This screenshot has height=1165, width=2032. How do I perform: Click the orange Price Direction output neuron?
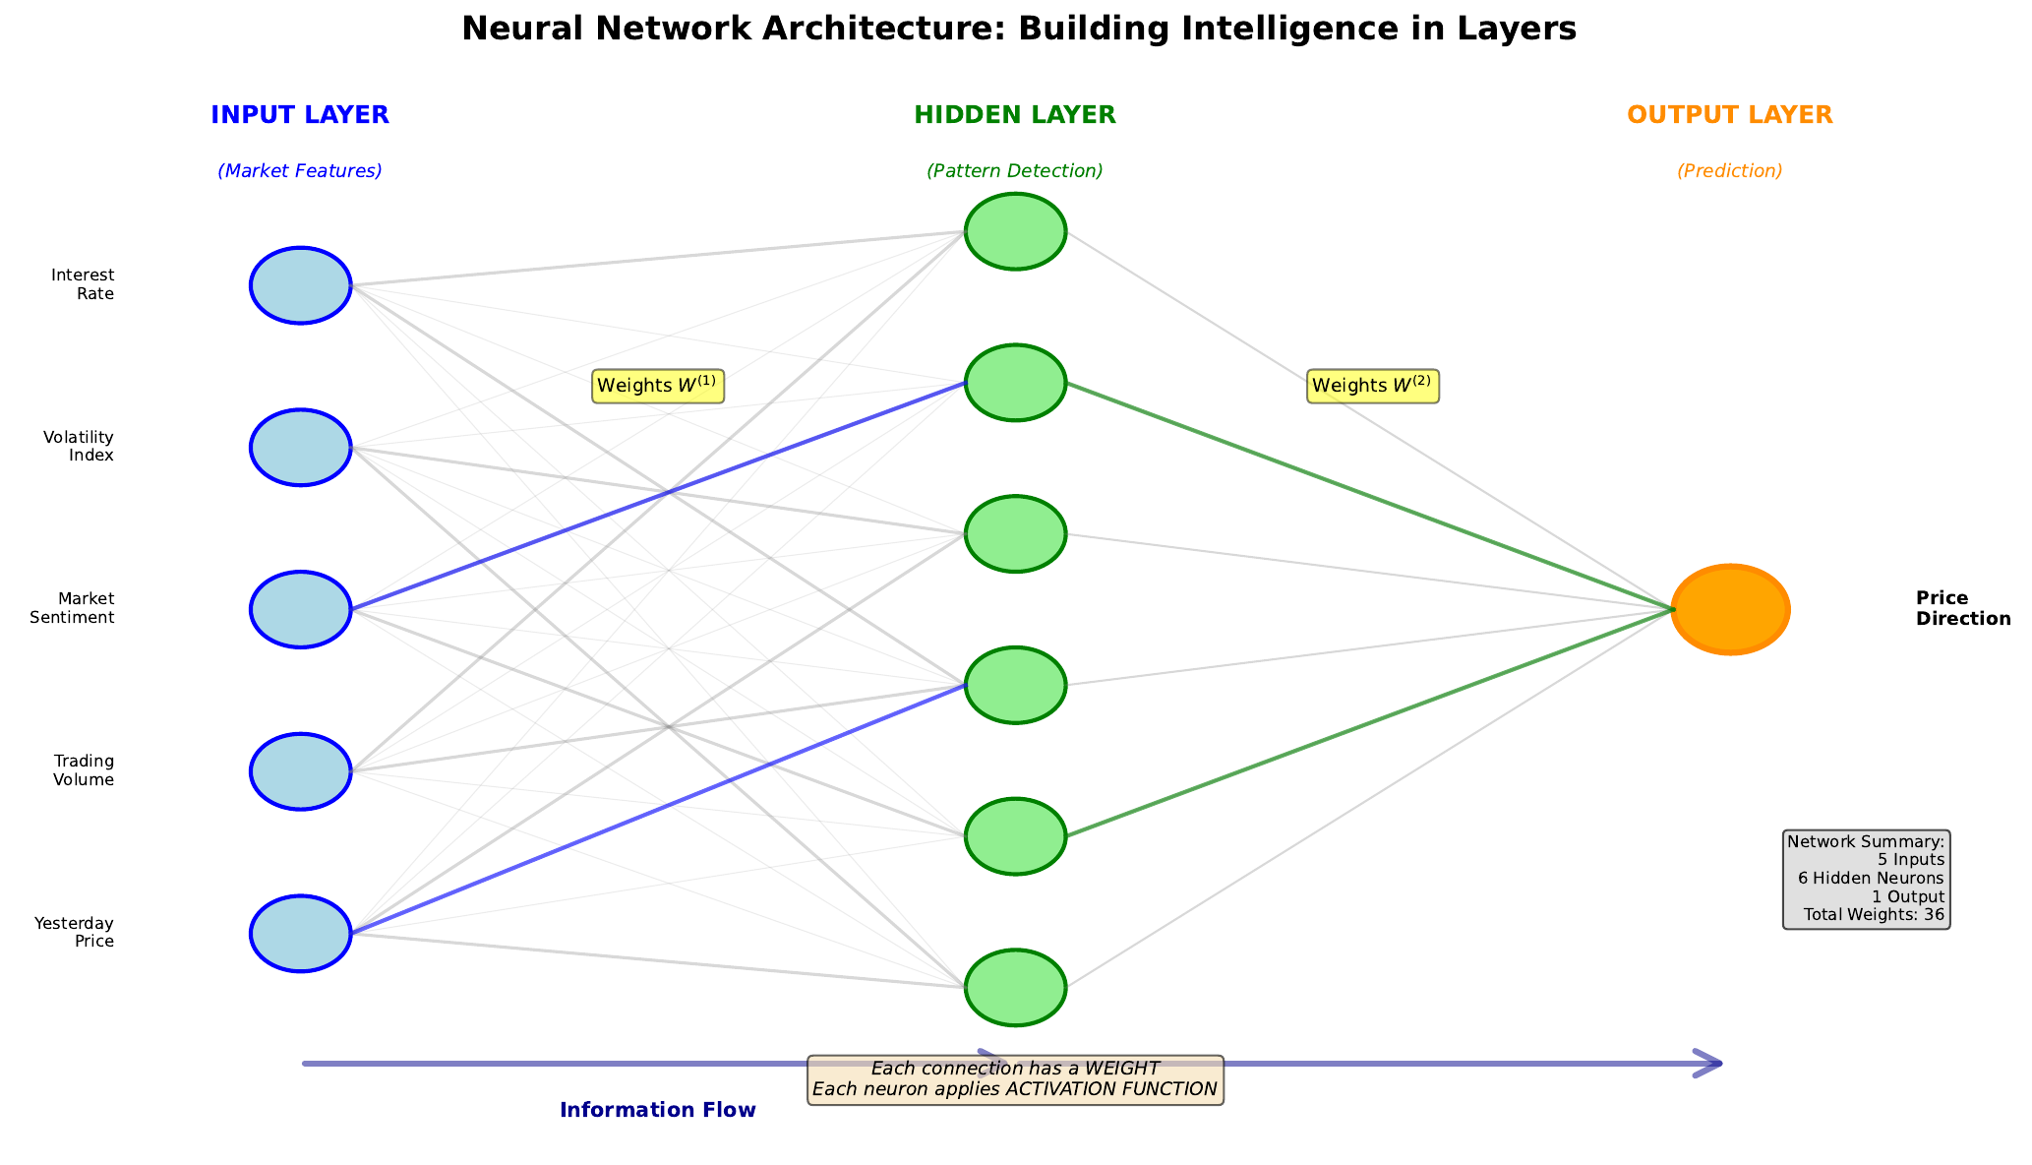pos(1730,609)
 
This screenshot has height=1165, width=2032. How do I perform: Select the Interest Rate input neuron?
pos(301,285)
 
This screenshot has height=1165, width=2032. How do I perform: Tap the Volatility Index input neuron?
pos(301,448)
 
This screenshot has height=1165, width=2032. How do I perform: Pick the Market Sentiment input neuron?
pos(301,609)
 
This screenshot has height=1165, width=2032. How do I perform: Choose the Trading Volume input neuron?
pos(301,771)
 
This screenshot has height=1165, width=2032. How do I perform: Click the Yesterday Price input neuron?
pos(301,934)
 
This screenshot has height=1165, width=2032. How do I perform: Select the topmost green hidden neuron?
pos(1015,231)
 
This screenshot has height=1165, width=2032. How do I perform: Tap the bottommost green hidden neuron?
pos(1015,988)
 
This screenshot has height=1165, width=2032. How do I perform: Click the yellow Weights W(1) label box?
pos(658,386)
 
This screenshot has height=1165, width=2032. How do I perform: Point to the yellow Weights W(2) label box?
pos(1373,386)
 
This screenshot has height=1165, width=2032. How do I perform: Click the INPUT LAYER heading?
pos(300,115)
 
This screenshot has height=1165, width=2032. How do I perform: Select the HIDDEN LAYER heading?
pos(1015,115)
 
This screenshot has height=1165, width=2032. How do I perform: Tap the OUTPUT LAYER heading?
pos(1730,115)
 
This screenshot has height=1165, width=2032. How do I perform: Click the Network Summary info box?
pos(1866,879)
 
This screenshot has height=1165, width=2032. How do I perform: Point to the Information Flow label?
pos(658,1110)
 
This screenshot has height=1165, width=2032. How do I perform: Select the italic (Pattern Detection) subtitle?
pos(1015,171)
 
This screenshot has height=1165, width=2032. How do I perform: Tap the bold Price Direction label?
pos(1962,608)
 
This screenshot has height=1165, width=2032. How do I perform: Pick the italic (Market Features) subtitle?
pos(300,171)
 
